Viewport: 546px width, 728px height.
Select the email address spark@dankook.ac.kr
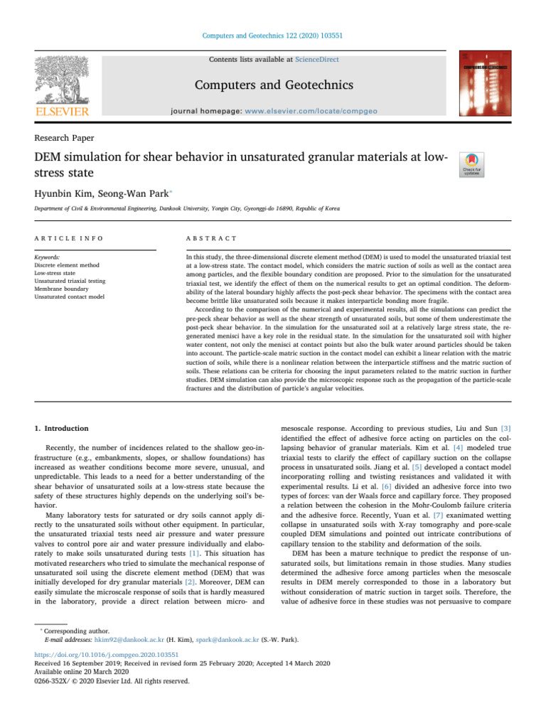[227, 639]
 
